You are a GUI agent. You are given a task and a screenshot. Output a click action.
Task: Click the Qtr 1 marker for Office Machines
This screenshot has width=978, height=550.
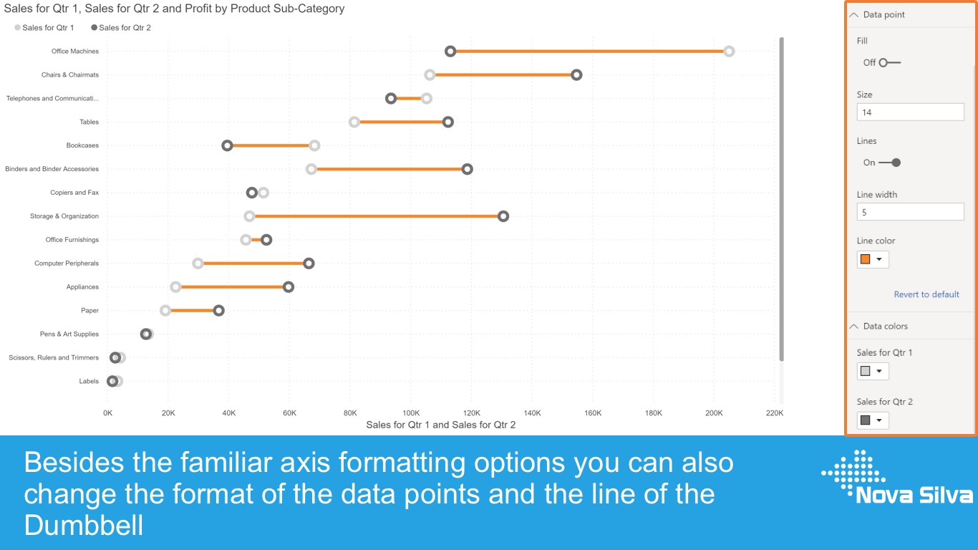(729, 51)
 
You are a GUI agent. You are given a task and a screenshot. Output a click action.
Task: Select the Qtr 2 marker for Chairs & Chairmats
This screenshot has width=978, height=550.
(576, 74)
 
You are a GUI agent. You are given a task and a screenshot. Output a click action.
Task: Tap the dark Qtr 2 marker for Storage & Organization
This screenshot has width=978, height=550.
(503, 216)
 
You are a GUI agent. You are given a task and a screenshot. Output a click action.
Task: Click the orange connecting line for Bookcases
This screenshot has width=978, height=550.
(271, 145)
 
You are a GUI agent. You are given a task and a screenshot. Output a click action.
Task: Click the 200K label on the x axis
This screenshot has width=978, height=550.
(714, 412)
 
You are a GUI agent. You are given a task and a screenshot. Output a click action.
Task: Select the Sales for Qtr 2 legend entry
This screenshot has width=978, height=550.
(121, 27)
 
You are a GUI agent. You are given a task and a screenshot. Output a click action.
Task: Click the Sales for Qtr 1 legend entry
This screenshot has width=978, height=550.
(44, 27)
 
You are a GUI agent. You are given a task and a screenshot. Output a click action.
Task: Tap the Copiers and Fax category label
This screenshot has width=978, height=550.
(74, 192)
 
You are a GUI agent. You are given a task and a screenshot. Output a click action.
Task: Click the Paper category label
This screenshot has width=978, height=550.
(89, 310)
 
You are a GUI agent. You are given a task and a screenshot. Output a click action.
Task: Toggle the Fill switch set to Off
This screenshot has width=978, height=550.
(890, 62)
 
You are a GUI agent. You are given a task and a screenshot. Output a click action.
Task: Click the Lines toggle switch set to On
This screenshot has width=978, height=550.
(890, 163)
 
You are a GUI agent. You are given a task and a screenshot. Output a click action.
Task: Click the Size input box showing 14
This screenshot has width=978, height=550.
(910, 112)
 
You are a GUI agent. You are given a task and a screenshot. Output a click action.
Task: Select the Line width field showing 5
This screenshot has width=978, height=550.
(910, 212)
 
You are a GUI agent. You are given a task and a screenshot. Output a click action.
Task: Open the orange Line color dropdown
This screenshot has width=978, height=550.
(873, 259)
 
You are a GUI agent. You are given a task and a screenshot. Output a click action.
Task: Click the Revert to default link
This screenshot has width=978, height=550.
(926, 294)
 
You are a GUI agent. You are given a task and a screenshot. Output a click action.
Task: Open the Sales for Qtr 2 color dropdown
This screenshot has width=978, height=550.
(873, 420)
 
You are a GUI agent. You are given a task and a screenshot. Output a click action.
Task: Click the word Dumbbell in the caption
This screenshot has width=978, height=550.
(83, 525)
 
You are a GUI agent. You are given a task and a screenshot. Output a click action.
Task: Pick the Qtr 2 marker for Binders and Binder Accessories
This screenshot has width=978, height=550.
(468, 169)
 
